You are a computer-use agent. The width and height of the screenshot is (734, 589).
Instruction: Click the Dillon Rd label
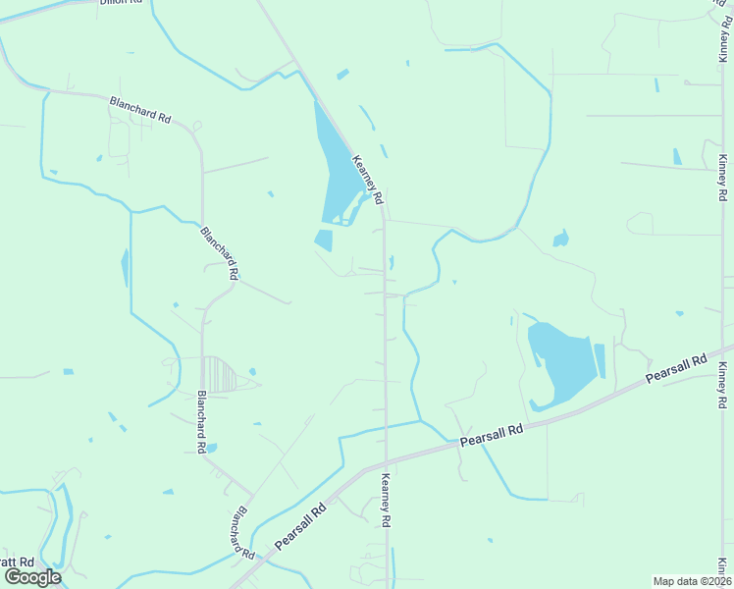(121, 3)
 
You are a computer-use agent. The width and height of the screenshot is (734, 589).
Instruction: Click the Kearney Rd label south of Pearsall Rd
(387, 501)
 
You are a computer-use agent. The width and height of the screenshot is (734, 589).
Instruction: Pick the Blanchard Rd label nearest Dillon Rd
(140, 108)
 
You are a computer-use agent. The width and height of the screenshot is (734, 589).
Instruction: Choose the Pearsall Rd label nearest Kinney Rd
(676, 369)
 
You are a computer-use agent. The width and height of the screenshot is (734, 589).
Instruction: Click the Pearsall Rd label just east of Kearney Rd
(491, 437)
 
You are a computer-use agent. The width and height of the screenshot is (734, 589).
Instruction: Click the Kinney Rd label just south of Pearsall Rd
(722, 386)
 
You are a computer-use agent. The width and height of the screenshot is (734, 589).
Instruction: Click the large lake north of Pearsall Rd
(560, 363)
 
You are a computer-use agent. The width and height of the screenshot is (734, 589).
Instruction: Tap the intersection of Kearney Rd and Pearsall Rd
(386, 459)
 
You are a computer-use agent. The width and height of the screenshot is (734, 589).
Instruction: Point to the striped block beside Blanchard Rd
(219, 375)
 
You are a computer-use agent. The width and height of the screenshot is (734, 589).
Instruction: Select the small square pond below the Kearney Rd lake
(323, 240)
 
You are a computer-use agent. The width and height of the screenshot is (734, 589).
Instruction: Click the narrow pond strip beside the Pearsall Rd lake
(600, 359)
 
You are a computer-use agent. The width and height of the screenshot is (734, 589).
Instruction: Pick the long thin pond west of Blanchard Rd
(125, 267)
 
